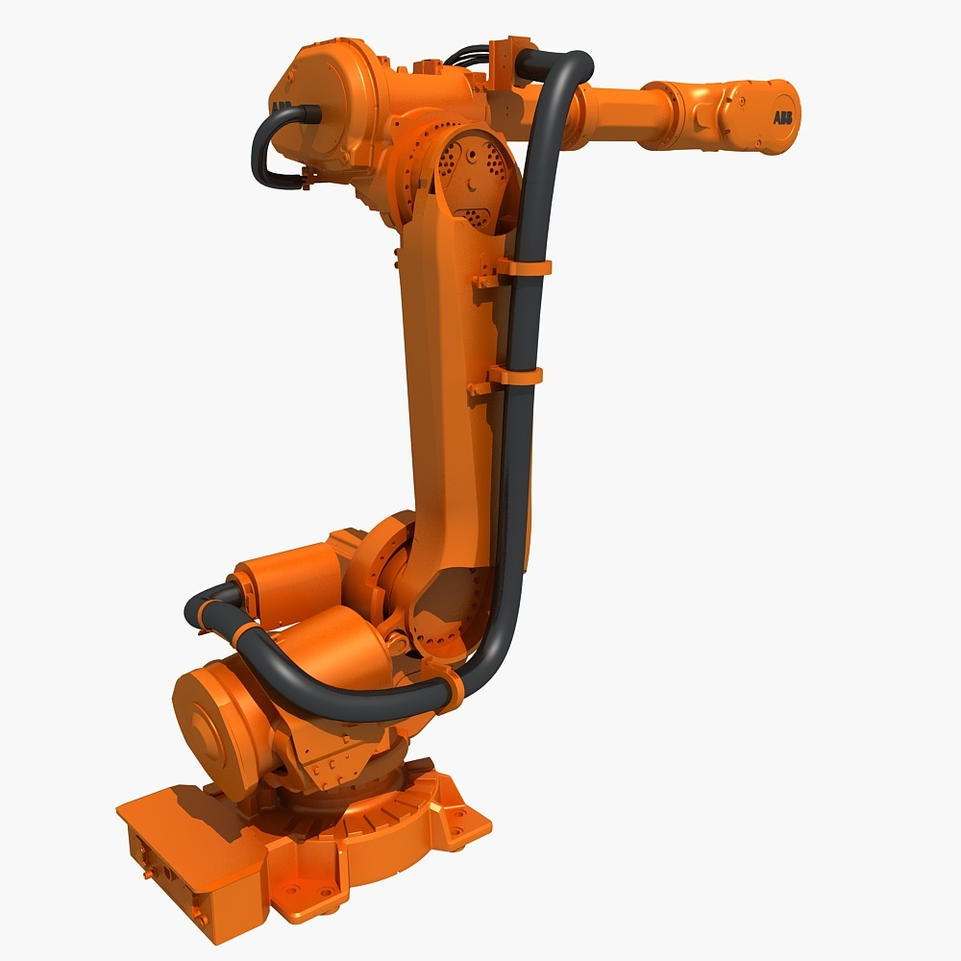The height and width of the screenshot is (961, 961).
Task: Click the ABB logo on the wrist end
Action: (x=783, y=117)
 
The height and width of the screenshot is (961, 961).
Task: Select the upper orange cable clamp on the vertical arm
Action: (x=524, y=266)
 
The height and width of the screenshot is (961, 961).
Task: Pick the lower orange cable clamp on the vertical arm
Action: (x=516, y=375)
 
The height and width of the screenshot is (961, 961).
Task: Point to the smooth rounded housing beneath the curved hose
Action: (x=327, y=644)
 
